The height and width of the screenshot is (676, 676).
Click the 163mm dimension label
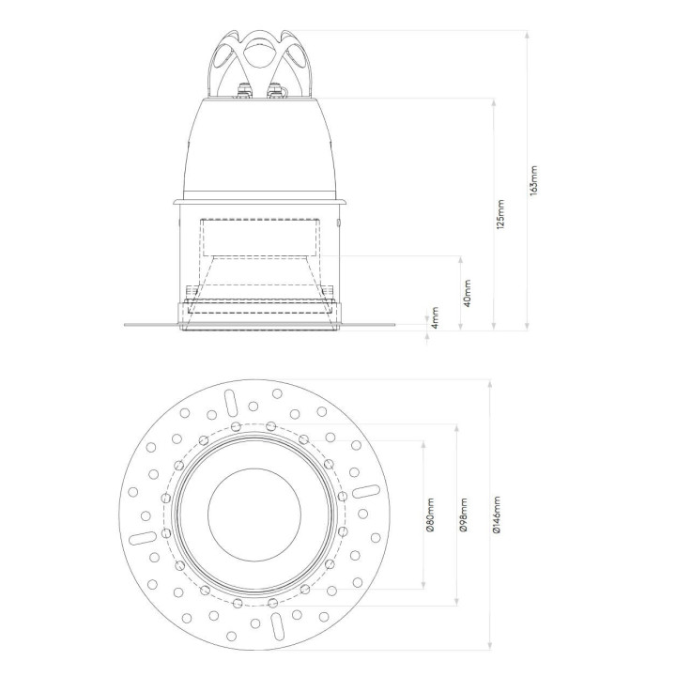point(534,180)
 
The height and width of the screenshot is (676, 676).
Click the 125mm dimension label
point(500,214)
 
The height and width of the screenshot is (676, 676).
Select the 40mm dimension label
point(467,293)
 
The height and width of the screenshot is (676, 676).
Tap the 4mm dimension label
point(435,317)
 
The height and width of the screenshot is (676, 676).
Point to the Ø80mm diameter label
point(430,515)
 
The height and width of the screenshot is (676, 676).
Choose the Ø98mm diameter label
point(464,515)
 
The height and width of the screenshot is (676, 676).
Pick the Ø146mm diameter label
point(497,515)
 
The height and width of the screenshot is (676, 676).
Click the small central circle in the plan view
point(253,515)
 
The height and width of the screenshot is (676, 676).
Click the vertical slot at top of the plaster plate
point(230,404)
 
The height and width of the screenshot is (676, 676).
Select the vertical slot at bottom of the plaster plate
point(277,626)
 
